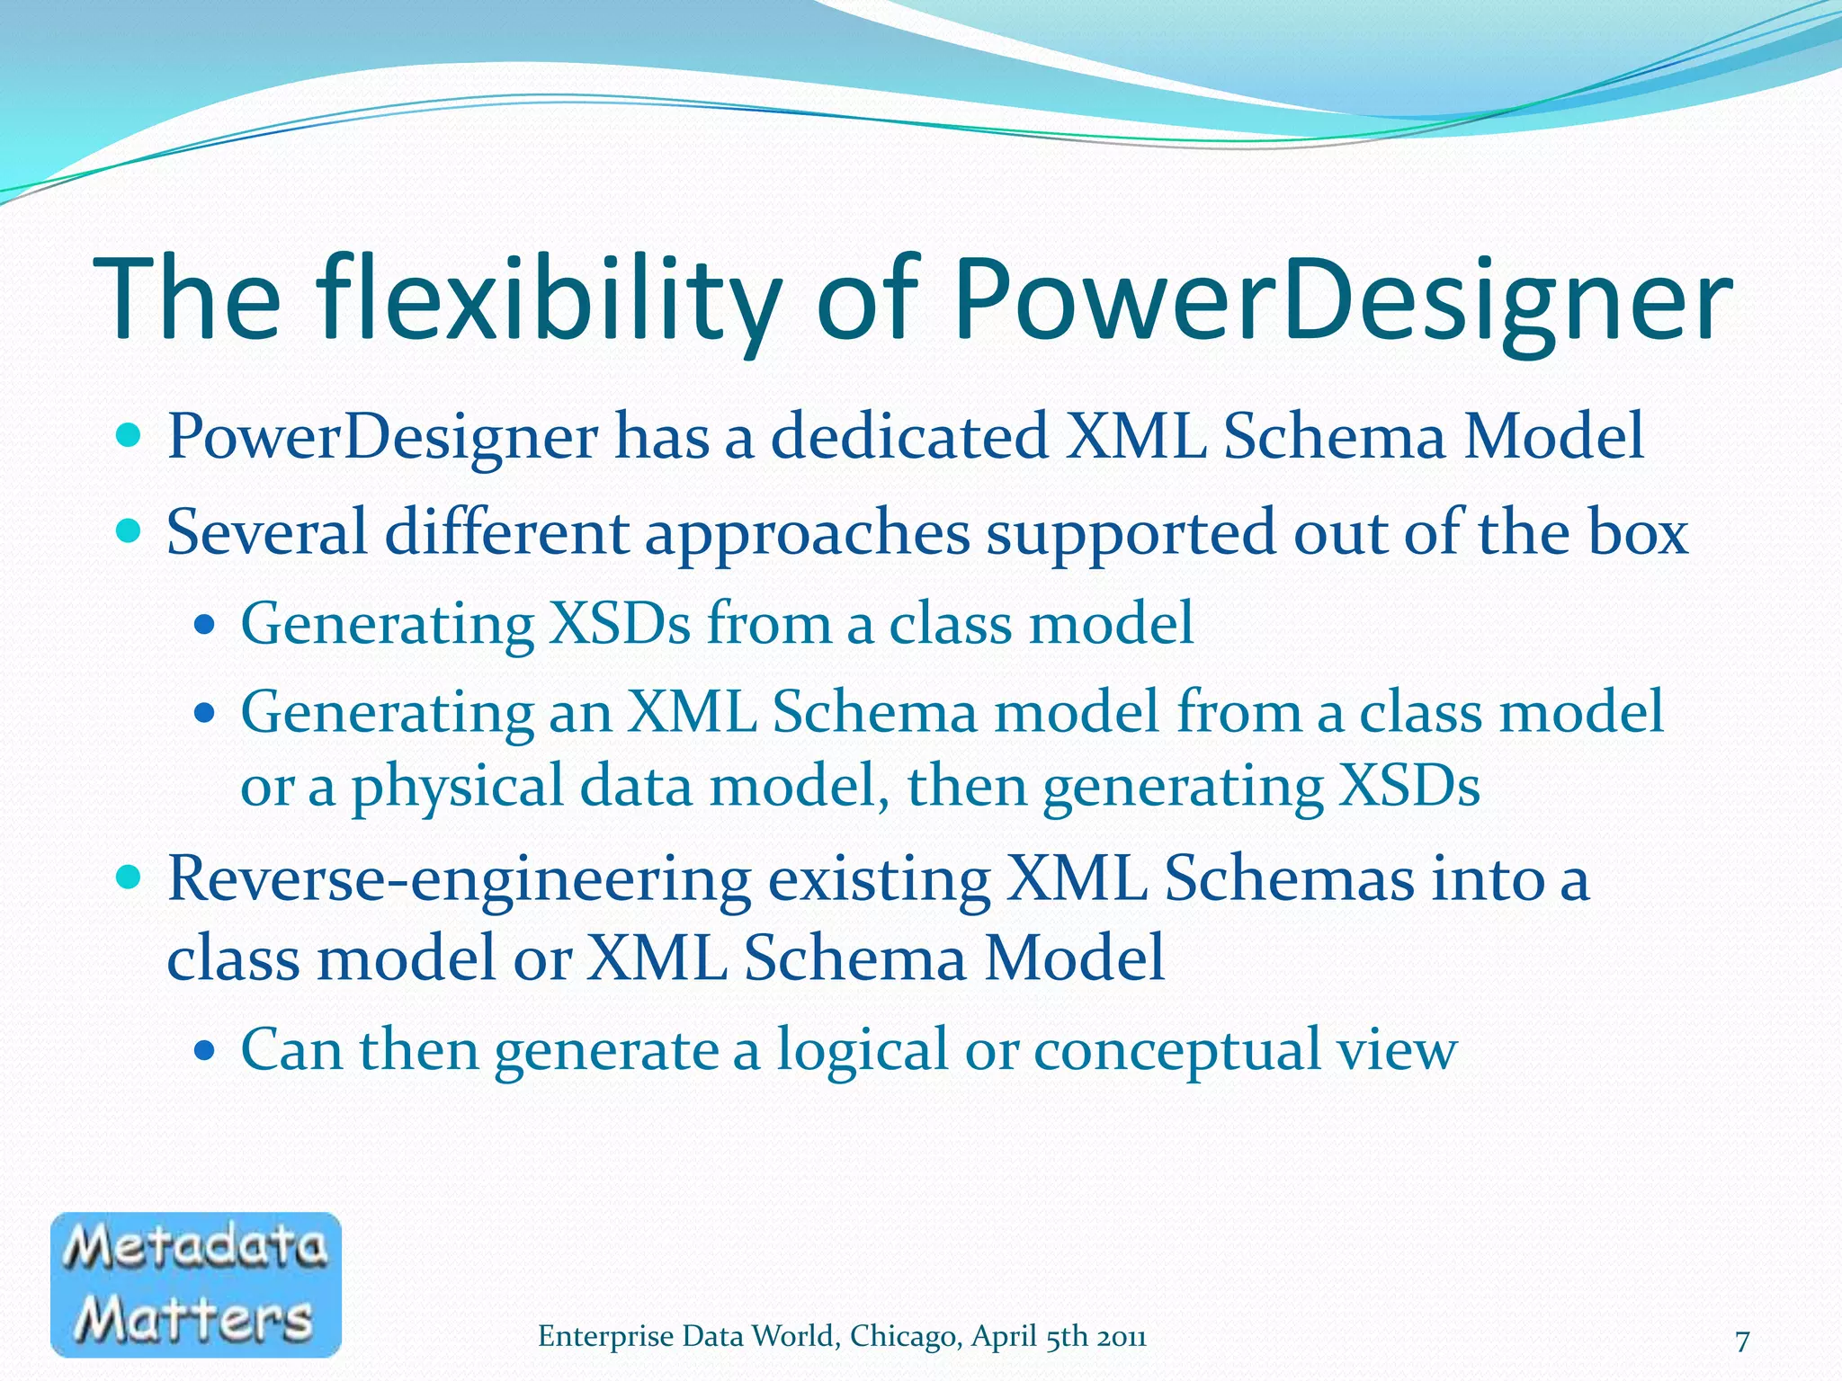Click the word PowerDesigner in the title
click(1340, 301)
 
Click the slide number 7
click(1742, 1341)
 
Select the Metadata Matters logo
click(196, 1284)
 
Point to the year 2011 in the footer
click(1121, 1337)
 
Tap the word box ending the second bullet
click(1638, 532)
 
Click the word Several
click(267, 532)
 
